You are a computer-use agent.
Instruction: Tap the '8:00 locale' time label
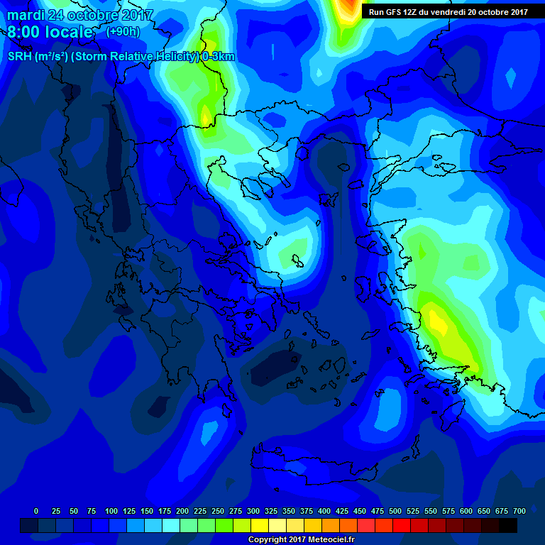click(x=50, y=33)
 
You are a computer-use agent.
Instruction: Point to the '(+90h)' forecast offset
click(x=123, y=33)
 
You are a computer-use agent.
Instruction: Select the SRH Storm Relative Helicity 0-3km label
click(x=121, y=57)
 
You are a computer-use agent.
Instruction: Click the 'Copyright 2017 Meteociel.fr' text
click(x=301, y=540)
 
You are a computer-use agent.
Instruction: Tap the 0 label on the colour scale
click(x=36, y=511)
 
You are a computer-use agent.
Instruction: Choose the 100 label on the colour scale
click(x=111, y=511)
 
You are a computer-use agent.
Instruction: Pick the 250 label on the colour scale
click(x=218, y=511)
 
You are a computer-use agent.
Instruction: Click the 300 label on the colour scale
click(x=253, y=511)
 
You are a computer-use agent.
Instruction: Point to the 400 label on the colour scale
click(x=324, y=511)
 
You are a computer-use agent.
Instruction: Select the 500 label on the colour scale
click(x=395, y=511)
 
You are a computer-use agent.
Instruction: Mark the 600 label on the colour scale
click(x=466, y=511)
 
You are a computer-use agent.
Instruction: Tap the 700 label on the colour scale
click(x=519, y=511)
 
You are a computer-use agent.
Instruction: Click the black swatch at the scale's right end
click(x=508, y=525)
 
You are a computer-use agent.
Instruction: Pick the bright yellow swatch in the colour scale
click(x=260, y=525)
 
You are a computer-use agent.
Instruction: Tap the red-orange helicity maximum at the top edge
click(x=347, y=7)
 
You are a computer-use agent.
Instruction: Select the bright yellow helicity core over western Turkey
click(x=438, y=324)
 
